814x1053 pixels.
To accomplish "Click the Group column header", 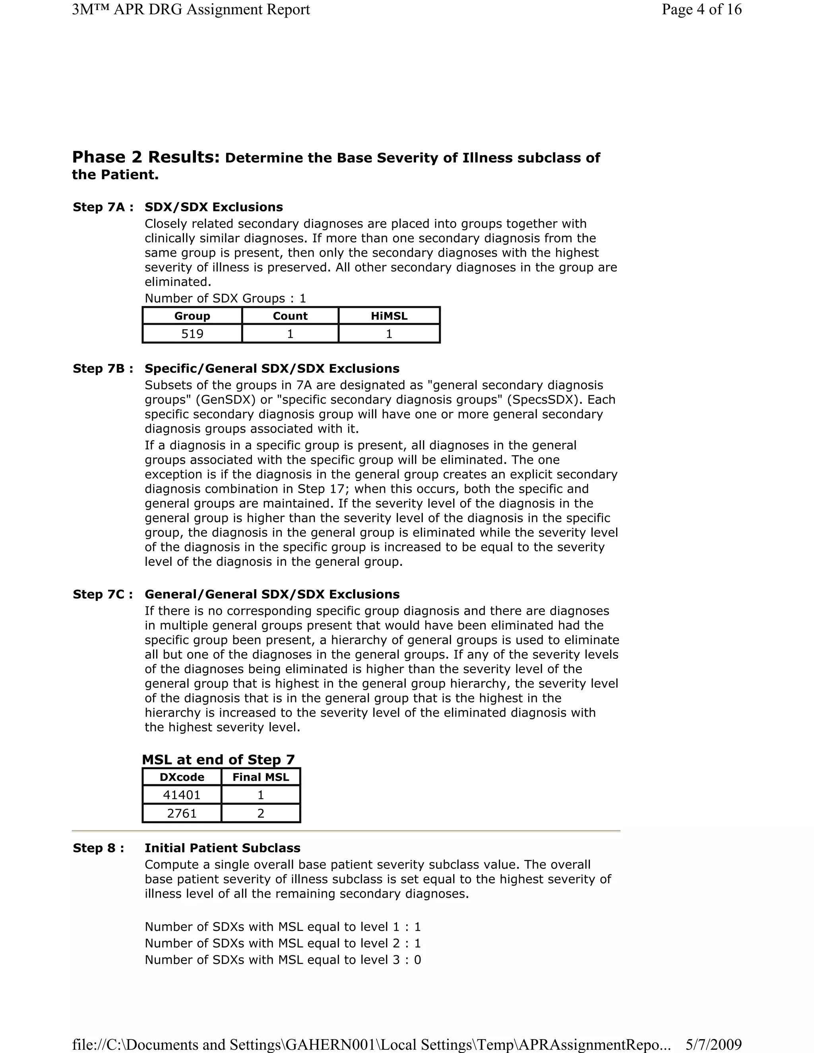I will click(192, 316).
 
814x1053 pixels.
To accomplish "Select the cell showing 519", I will click(192, 334).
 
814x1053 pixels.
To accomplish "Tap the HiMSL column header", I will click(389, 316).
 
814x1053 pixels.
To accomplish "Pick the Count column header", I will click(290, 316).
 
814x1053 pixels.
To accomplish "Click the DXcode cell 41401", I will click(181, 795).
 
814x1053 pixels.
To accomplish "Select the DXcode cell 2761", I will click(181, 813).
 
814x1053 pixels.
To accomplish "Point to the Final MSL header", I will click(260, 777).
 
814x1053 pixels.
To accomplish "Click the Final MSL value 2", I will click(260, 813).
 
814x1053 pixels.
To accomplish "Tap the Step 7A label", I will click(103, 207).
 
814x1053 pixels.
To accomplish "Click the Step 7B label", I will click(103, 369).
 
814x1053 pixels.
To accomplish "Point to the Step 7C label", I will click(103, 594).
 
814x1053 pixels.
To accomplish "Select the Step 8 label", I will click(99, 848).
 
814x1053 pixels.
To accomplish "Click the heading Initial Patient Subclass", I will click(222, 848).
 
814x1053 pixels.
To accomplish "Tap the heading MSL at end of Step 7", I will click(218, 760).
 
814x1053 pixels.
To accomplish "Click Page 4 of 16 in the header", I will click(701, 10).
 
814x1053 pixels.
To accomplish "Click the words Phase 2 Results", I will click(145, 157).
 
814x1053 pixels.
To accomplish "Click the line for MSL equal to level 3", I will click(283, 960).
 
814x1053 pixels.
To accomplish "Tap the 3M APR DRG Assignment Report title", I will click(190, 10).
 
